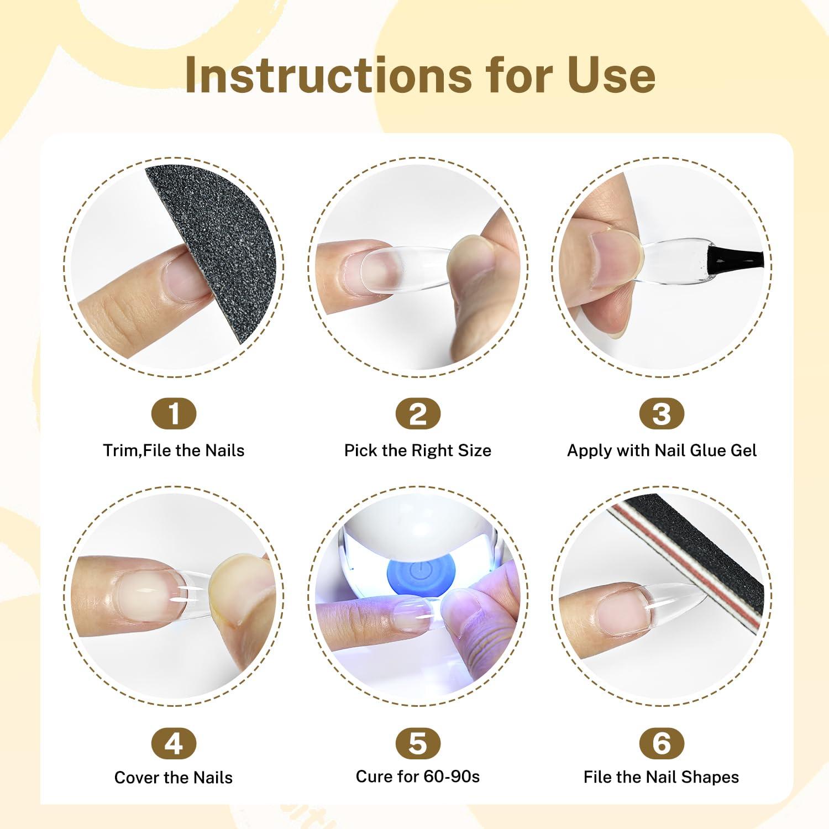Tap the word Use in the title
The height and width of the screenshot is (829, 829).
(611, 74)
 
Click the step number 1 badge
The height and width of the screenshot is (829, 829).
(174, 414)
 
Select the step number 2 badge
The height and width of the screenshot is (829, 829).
(418, 414)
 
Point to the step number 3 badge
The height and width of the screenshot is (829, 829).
(662, 414)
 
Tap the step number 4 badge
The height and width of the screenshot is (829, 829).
(174, 743)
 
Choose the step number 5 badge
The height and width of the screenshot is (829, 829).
(418, 743)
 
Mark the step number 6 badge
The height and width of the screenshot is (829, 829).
(662, 743)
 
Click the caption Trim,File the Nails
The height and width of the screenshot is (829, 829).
(174, 450)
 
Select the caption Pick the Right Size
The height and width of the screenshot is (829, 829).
(418, 450)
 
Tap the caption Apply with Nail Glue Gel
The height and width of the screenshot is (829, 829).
(662, 450)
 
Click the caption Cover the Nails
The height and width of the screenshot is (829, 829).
(174, 778)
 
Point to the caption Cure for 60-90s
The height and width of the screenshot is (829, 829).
(418, 776)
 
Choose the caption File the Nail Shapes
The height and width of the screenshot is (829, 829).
(661, 777)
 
